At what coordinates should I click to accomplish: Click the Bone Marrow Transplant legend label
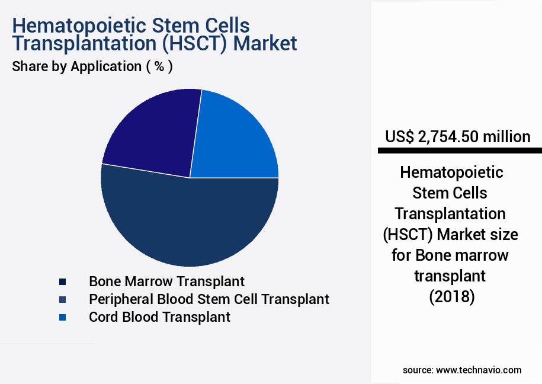(x=166, y=281)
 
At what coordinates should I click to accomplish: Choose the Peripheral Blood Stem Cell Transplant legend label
(x=209, y=299)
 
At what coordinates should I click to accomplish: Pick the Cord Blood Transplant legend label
(x=159, y=317)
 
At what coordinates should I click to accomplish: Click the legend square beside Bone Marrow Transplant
(x=62, y=281)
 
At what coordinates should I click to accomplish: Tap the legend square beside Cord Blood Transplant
(x=62, y=318)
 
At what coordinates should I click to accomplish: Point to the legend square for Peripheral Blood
(x=62, y=299)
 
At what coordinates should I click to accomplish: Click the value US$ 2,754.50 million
(x=457, y=137)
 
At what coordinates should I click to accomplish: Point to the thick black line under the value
(x=460, y=151)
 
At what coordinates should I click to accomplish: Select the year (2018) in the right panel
(x=452, y=296)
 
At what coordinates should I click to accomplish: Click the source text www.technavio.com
(x=479, y=370)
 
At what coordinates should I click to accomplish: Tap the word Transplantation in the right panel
(x=450, y=213)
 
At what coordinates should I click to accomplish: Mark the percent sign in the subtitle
(x=159, y=66)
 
